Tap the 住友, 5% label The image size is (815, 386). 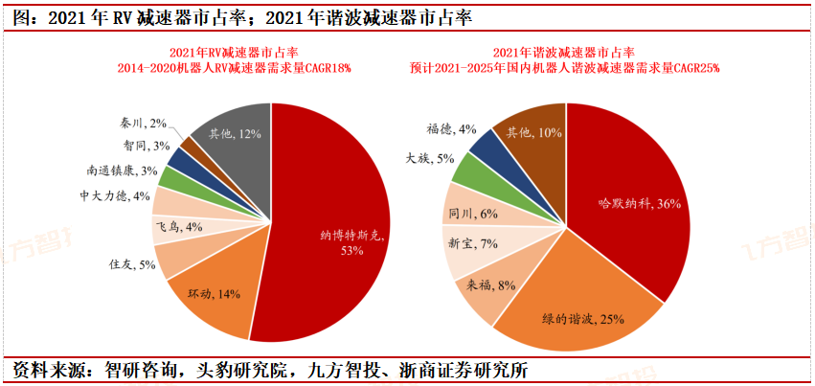tap(132, 264)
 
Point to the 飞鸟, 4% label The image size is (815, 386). tap(179, 227)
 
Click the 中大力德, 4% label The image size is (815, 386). tap(115, 196)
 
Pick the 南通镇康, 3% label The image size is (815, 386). tap(122, 170)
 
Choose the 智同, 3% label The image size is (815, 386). tap(146, 146)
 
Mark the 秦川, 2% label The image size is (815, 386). tap(145, 123)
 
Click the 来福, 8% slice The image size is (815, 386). tap(491, 284)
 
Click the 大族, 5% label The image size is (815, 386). tap(428, 158)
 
